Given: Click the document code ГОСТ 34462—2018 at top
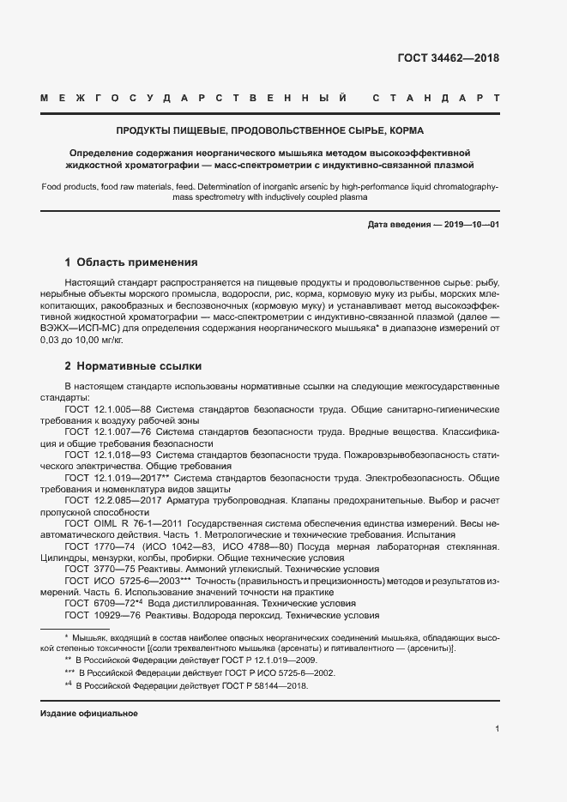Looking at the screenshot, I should tap(448, 58).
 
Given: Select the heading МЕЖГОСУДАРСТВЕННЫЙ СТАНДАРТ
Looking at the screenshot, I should tap(269, 99).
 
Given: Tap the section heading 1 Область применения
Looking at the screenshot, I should tap(131, 262).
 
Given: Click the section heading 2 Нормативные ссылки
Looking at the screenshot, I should tap(133, 366).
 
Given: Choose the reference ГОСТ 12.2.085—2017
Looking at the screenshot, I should tap(112, 499).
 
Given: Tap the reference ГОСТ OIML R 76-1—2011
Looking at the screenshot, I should tap(123, 522).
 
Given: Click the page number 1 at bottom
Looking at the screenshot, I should tap(497, 729).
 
